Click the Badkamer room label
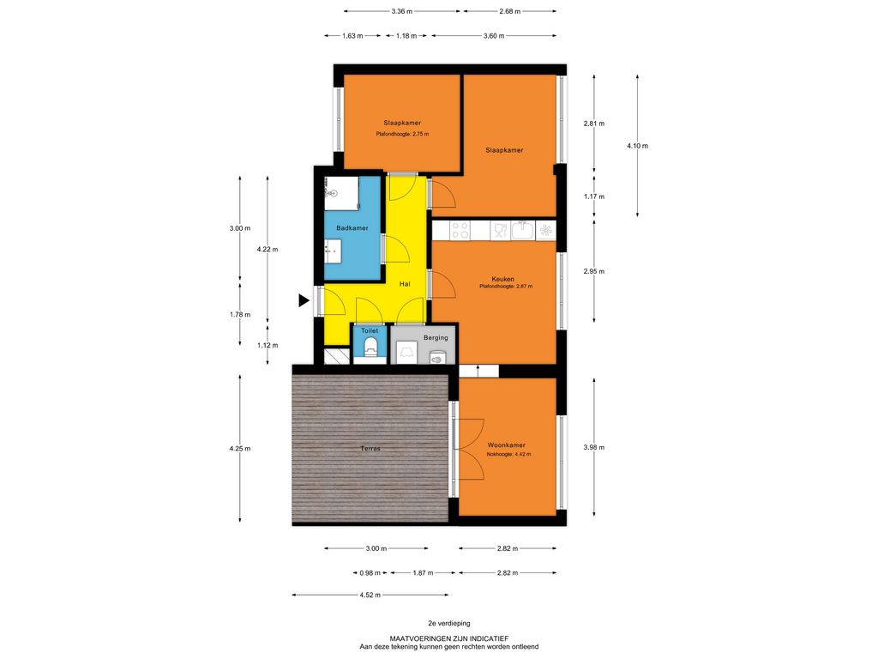352,228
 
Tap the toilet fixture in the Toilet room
370,347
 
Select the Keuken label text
502,279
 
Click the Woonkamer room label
506,445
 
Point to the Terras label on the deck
370,448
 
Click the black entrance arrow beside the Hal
304,301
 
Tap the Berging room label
436,338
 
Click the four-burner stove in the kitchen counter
460,230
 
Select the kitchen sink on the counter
522,230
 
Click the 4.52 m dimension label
370,596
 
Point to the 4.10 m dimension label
637,146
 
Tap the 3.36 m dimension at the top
402,11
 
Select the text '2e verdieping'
449,623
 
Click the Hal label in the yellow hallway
405,284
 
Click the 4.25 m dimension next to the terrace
240,448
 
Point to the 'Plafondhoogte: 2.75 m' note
402,134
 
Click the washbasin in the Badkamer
333,251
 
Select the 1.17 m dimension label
594,196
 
